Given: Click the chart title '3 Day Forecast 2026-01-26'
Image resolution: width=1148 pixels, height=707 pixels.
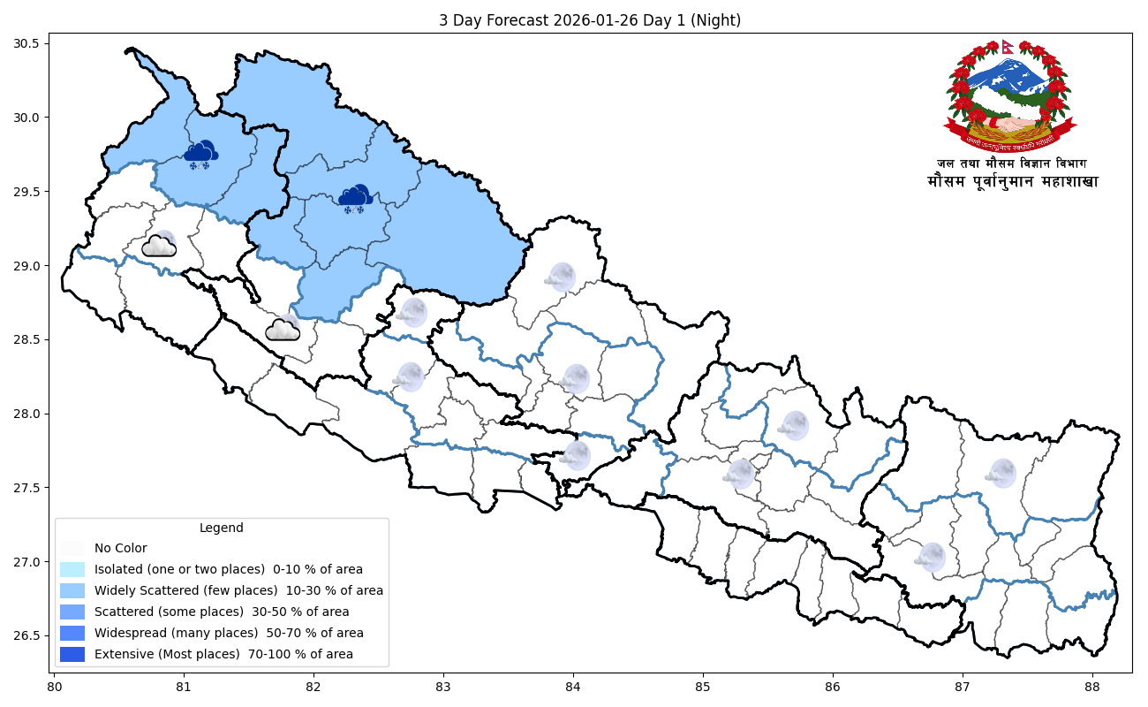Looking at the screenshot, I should pos(589,20).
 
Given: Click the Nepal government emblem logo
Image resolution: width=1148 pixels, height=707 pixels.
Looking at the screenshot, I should pos(1010,95).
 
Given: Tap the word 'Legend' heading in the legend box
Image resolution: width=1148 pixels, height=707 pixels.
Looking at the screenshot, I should pos(221,528).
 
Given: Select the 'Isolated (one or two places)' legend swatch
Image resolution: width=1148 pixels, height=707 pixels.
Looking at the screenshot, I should pos(72,569).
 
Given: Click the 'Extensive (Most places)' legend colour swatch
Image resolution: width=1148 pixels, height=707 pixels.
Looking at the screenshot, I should pos(72,654).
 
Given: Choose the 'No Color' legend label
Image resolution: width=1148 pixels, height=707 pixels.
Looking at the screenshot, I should pos(121,548).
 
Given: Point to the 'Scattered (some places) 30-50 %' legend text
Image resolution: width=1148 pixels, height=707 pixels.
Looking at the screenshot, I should pos(222,612).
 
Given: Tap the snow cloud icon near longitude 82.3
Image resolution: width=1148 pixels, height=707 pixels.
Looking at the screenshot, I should pos(355,200).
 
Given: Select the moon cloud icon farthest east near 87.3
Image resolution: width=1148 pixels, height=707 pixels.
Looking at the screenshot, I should pos(1001,473).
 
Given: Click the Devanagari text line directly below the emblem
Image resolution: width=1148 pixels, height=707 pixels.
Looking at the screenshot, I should pos(1012,163).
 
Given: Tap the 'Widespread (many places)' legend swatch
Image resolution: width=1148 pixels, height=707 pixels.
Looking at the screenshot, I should pos(72,633).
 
